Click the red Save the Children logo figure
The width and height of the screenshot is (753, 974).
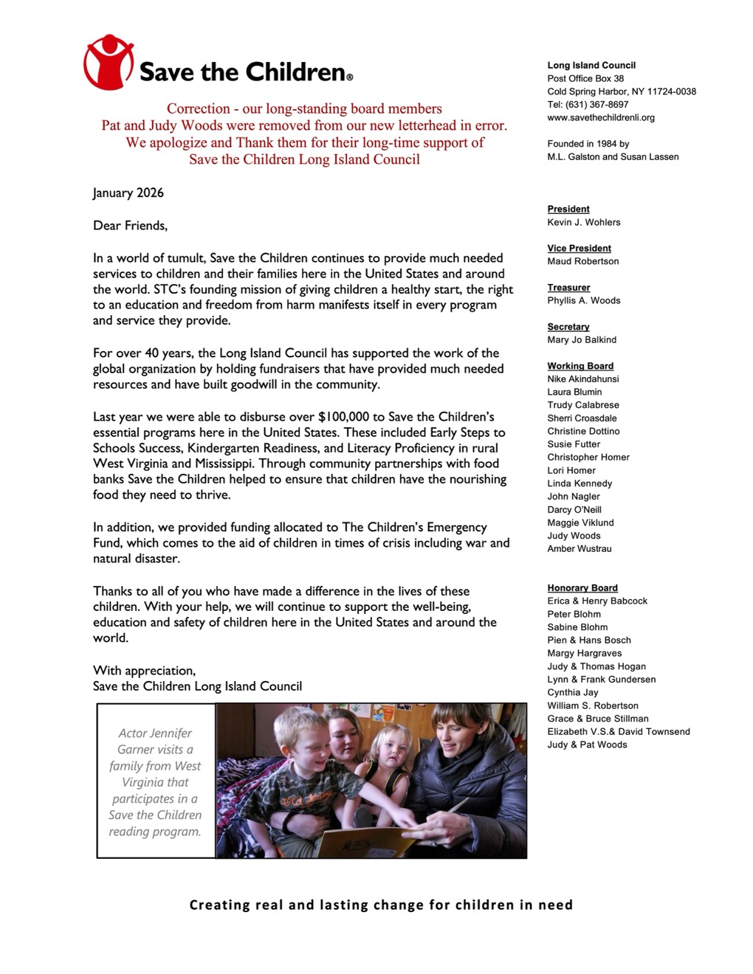108,62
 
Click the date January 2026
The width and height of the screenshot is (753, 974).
128,193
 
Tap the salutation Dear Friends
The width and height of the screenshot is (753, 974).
130,226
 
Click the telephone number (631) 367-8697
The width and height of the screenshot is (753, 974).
588,105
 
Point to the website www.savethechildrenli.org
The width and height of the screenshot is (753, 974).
600,117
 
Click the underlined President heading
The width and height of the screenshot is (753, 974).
568,210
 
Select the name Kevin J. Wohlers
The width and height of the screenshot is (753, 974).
583,222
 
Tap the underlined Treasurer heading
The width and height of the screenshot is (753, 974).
568,288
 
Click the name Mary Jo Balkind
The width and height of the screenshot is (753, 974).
582,339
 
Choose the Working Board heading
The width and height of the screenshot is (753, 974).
580,366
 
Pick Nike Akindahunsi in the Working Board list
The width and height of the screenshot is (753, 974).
582,379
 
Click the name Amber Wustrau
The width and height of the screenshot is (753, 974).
579,549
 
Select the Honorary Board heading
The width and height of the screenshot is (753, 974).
582,588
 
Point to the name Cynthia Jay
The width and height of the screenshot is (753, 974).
572,692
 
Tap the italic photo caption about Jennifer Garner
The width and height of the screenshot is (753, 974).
155,782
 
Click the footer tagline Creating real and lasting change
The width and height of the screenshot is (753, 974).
381,905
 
